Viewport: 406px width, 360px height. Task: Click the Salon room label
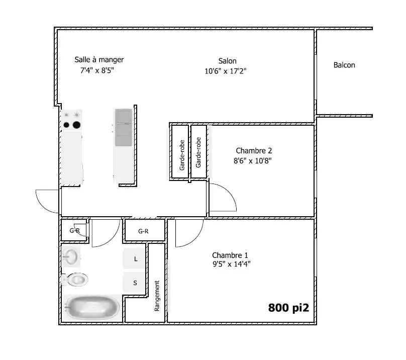click(x=227, y=61)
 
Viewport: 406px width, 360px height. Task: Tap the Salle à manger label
click(x=99, y=60)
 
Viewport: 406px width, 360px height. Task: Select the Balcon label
click(x=344, y=65)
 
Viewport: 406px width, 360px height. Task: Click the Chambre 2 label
click(x=254, y=150)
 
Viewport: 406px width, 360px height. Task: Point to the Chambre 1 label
click(x=230, y=255)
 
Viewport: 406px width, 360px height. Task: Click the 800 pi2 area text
click(x=288, y=308)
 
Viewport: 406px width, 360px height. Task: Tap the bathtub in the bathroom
click(x=92, y=308)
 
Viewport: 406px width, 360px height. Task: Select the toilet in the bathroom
click(x=75, y=280)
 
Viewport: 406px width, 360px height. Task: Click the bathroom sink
click(x=71, y=257)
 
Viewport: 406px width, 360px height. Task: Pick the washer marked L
click(x=134, y=258)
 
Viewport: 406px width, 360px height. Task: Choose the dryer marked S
click(x=134, y=283)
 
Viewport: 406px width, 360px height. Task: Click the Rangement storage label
click(x=157, y=296)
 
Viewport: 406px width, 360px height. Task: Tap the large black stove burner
click(x=76, y=125)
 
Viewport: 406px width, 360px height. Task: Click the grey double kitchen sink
click(x=124, y=128)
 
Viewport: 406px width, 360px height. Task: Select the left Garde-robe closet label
click(x=182, y=155)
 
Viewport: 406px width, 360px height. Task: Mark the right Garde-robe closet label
click(x=198, y=152)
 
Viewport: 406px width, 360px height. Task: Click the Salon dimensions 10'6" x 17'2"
click(x=225, y=71)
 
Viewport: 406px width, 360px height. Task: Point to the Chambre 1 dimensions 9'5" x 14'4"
click(x=232, y=264)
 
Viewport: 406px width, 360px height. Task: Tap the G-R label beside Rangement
click(x=143, y=231)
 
